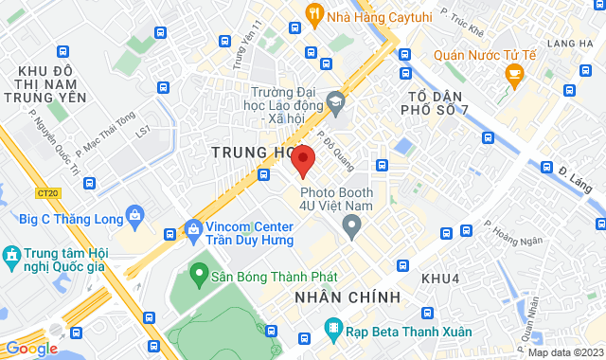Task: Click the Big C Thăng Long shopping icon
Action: (135, 218)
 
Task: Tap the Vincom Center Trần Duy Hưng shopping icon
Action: (193, 228)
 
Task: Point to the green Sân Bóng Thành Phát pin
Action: (199, 275)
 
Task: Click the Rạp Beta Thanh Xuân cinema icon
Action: (332, 329)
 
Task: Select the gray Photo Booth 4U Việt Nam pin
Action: (352, 226)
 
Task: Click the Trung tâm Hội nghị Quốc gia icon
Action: (11, 256)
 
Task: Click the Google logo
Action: (31, 348)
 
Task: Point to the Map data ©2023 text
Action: (563, 352)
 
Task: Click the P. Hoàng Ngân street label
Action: (513, 234)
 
